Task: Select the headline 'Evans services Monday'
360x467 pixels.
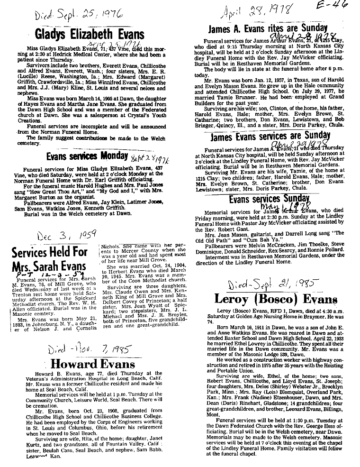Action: (x=87, y=156)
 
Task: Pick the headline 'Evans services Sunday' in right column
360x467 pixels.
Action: (x=269, y=200)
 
